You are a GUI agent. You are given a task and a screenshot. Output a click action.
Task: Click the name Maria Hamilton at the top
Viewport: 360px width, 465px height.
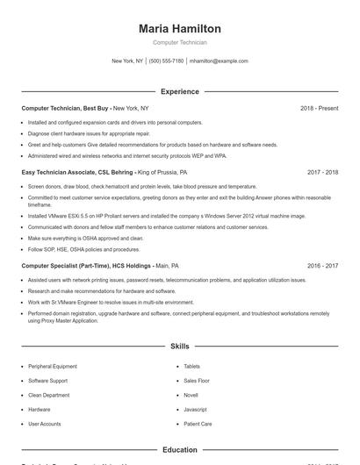point(179,28)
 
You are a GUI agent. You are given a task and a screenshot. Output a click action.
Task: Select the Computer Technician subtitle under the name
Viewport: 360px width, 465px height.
point(179,42)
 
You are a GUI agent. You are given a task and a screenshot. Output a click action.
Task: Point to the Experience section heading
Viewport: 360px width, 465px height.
point(179,91)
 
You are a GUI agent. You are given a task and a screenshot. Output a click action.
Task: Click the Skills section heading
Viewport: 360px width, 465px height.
point(179,347)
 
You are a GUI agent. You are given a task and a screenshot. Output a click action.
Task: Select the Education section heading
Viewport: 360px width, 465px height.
point(179,450)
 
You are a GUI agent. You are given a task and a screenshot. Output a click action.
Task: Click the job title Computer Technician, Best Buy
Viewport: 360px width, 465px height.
point(66,108)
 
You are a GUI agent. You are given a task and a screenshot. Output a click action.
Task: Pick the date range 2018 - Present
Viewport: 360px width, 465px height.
point(319,108)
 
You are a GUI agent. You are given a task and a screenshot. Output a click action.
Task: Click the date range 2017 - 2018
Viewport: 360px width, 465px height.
point(322,173)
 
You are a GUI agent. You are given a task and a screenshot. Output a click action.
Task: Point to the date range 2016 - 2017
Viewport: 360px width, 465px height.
point(322,265)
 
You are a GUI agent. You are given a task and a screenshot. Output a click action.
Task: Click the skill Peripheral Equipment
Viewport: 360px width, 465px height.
point(53,367)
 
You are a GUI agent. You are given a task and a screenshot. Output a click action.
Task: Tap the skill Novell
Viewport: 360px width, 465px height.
point(191,396)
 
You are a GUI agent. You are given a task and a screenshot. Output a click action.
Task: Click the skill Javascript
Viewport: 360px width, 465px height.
point(195,410)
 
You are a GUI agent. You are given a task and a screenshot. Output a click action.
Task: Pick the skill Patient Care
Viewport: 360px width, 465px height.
point(198,424)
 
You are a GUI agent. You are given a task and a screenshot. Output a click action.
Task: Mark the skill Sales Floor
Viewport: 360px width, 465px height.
point(197,381)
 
